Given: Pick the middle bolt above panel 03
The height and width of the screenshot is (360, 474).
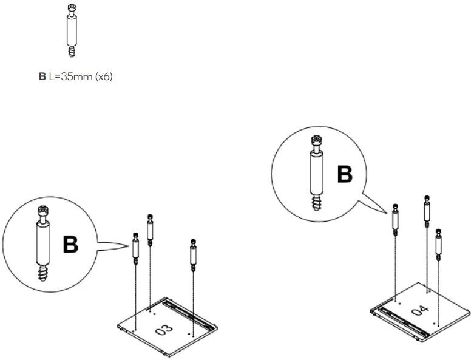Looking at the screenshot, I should pos(150,230).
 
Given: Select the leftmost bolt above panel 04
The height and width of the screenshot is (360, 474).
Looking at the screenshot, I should pos(395,220).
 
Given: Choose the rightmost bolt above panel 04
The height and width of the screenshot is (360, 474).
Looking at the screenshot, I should pos(439,243).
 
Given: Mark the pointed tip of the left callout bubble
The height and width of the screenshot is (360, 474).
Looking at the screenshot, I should pos(131,245).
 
